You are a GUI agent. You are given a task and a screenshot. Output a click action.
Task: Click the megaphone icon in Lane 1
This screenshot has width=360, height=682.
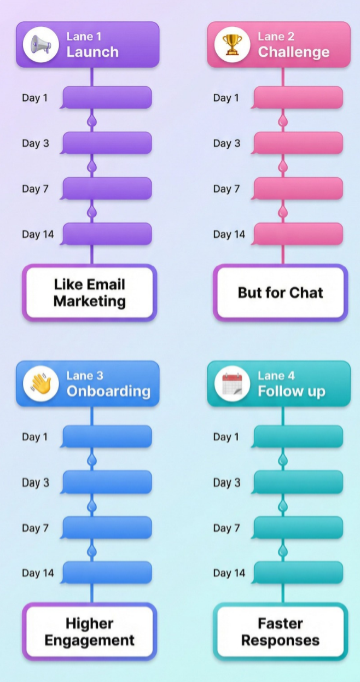click(41, 44)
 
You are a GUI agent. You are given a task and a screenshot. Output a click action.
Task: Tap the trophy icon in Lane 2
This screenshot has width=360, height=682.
click(232, 44)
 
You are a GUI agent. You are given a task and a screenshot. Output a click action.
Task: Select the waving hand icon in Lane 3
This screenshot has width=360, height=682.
click(41, 383)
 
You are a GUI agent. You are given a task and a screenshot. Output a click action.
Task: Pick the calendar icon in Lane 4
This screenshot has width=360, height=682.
click(232, 383)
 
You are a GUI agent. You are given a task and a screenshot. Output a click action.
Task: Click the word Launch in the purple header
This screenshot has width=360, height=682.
click(92, 52)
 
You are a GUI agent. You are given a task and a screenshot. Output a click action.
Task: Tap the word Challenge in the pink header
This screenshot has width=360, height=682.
click(294, 52)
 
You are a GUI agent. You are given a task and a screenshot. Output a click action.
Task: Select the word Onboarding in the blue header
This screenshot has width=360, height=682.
click(108, 391)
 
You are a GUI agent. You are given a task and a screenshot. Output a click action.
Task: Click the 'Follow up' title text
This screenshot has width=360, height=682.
click(291, 391)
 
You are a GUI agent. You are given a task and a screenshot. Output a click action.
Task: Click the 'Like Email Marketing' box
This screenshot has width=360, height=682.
click(90, 293)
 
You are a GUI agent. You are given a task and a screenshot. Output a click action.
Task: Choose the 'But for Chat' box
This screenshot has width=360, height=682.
click(280, 293)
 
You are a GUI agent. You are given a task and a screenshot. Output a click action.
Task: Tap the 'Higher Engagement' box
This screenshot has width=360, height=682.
click(90, 632)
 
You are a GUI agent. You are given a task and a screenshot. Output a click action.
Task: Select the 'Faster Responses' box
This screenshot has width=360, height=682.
click(280, 632)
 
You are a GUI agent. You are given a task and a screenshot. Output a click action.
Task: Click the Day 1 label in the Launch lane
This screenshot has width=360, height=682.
click(34, 98)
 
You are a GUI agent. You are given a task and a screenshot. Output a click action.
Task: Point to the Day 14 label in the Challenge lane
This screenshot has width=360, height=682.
click(229, 234)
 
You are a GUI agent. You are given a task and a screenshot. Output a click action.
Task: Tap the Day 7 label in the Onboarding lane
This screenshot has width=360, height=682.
click(34, 528)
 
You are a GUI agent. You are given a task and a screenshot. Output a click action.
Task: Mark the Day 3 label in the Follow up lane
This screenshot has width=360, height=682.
click(226, 482)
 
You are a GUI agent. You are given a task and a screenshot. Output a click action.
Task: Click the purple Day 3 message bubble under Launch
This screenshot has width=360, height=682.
click(107, 143)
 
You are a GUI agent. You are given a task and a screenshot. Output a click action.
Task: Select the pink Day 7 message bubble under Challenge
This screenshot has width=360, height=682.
click(298, 188)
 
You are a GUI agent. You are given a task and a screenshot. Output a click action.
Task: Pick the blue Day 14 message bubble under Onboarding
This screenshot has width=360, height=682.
click(107, 573)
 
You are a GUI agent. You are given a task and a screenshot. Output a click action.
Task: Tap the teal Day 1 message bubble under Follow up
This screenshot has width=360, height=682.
click(298, 436)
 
